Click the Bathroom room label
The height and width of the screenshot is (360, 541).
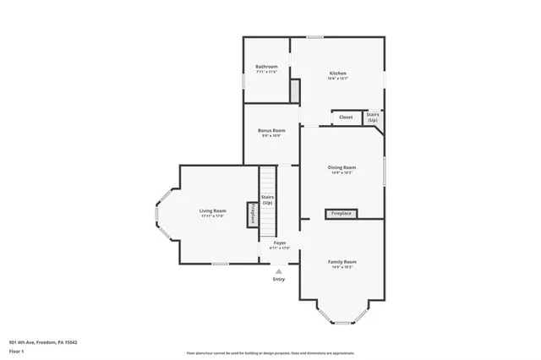[267, 67]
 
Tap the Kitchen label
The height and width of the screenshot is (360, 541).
[337, 74]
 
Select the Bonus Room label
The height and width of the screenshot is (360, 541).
[271, 130]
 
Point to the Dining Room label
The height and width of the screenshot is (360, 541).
[342, 167]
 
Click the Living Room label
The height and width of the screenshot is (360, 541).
[212, 210]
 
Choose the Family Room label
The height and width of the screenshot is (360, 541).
[342, 262]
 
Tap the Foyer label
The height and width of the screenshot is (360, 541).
[279, 243]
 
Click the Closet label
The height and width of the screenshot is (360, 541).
[346, 117]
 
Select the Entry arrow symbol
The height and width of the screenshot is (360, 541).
[279, 271]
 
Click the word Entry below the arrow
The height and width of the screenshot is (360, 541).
[279, 280]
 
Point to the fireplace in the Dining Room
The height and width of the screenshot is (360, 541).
[342, 214]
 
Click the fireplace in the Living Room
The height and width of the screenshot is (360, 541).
[252, 215]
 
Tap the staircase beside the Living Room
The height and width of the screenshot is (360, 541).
[267, 201]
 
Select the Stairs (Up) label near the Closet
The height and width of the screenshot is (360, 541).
[372, 117]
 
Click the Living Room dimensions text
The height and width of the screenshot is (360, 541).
[212, 216]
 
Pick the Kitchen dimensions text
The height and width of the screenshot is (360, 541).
[337, 79]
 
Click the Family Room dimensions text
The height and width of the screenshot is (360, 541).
[342, 268]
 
